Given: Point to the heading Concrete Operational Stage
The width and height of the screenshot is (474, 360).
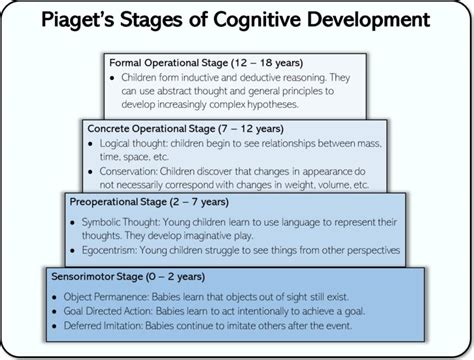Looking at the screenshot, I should (149, 129).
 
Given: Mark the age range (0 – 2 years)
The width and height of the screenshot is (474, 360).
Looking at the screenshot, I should (169, 273).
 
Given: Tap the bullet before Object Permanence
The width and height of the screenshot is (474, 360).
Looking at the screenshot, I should (56, 296).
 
